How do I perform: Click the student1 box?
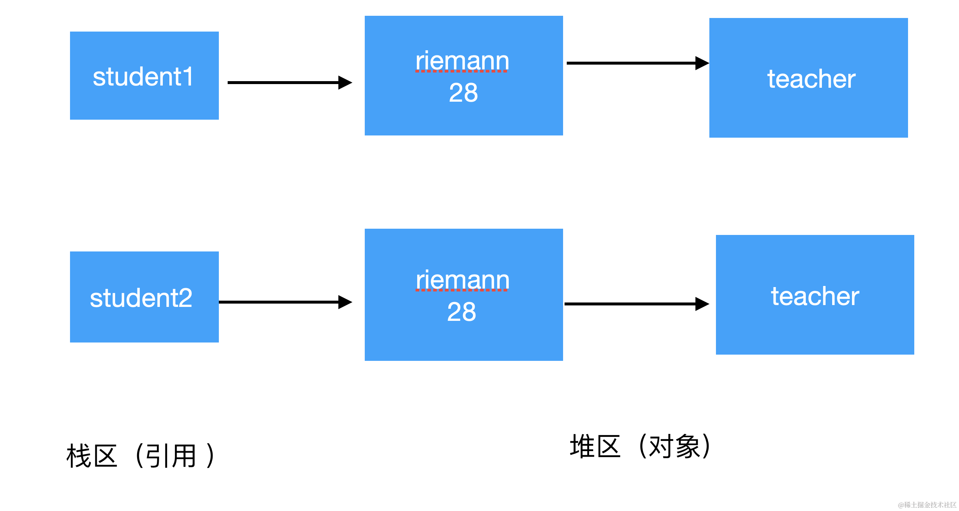(144, 76)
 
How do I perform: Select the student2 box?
(144, 297)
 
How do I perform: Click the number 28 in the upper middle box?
(463, 93)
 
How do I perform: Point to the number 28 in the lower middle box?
(461, 312)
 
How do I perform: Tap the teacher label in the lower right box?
(815, 296)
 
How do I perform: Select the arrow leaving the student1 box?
(283, 82)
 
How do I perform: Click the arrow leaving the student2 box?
(279, 302)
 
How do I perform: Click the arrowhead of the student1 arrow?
(345, 82)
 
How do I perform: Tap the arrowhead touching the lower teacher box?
(702, 304)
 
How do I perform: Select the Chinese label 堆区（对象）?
(640, 446)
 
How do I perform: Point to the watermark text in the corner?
(927, 505)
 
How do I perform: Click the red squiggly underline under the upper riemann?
(462, 71)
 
